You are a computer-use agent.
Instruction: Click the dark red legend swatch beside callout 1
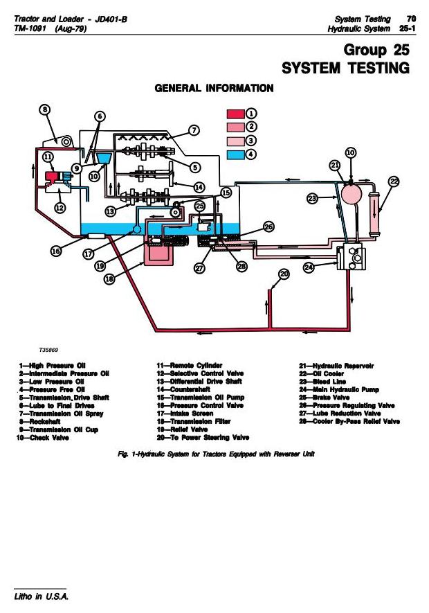coord(235,114)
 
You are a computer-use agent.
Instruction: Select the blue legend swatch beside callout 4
coord(235,154)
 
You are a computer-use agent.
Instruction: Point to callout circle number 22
coord(394,182)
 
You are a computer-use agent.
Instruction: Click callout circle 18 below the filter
coord(109,278)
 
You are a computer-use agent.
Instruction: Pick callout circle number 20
coord(284,274)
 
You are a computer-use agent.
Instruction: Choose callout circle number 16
coord(57,251)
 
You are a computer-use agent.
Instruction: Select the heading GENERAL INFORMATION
coord(214,88)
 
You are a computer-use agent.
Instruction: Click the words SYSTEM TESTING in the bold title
coord(346,69)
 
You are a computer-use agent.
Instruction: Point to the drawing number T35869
coord(49,350)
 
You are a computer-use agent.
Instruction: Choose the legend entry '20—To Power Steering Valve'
coord(203,438)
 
